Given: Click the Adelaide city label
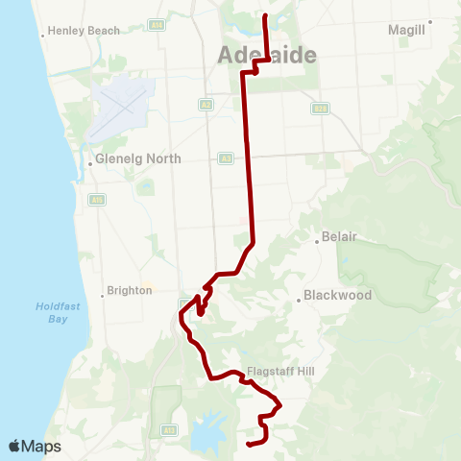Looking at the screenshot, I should tap(267, 55).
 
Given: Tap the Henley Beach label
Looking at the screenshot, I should tap(85, 31).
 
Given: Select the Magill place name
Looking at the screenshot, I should tap(406, 31).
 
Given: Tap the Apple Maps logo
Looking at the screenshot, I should tap(35, 446).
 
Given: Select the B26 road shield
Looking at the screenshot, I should tap(320, 109).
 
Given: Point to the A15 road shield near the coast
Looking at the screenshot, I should tap(96, 200).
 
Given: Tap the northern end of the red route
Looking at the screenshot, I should tap(265, 15).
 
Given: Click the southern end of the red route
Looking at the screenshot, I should tap(249, 444).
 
